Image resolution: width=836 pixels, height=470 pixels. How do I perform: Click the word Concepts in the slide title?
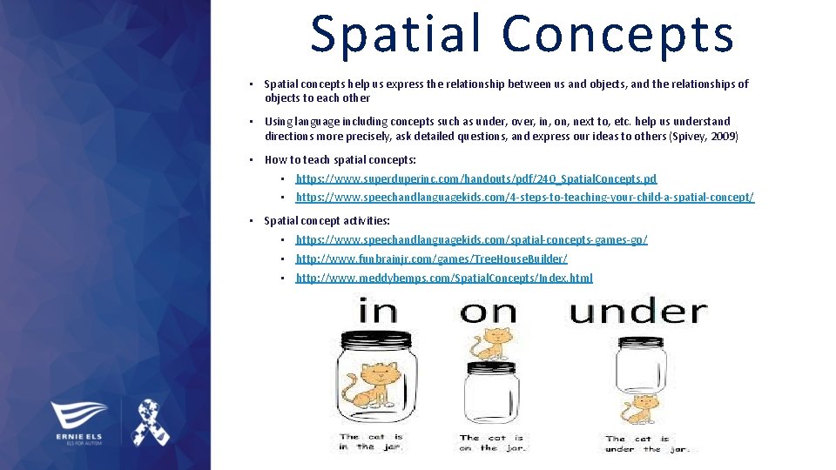(618, 35)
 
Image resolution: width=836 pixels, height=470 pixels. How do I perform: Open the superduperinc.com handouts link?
(475, 178)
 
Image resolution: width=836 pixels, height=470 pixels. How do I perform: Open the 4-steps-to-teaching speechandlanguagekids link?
(524, 198)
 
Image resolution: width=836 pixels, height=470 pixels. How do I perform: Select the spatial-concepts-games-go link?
(471, 239)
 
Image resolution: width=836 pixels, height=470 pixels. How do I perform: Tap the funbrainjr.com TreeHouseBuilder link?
(431, 258)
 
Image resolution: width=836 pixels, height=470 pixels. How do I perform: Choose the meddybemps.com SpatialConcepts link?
(444, 278)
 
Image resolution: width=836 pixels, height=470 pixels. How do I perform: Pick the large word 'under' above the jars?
(638, 311)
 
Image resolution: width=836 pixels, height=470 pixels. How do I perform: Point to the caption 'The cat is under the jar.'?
(648, 444)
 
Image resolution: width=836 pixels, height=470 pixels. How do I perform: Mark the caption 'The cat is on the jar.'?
(492, 442)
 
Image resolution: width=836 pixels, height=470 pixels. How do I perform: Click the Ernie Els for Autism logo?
(78, 423)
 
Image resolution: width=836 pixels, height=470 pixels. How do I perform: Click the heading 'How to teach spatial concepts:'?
(340, 159)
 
